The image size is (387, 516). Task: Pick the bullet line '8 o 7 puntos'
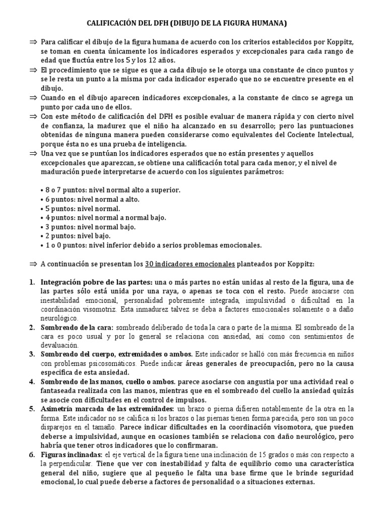point(110,190)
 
